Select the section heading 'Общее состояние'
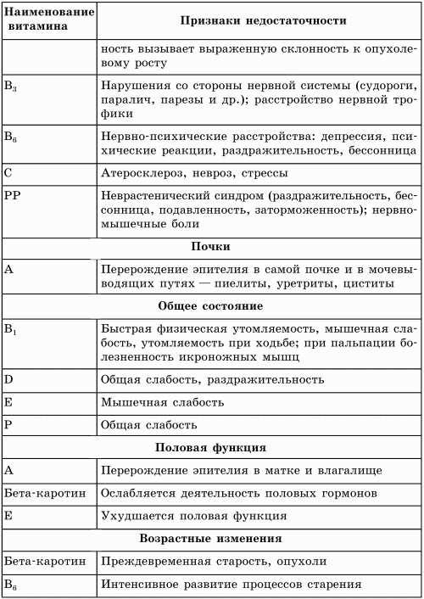(211, 305)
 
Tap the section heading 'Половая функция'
(211, 446)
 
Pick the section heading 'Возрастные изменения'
(211, 538)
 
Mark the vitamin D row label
(8, 378)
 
